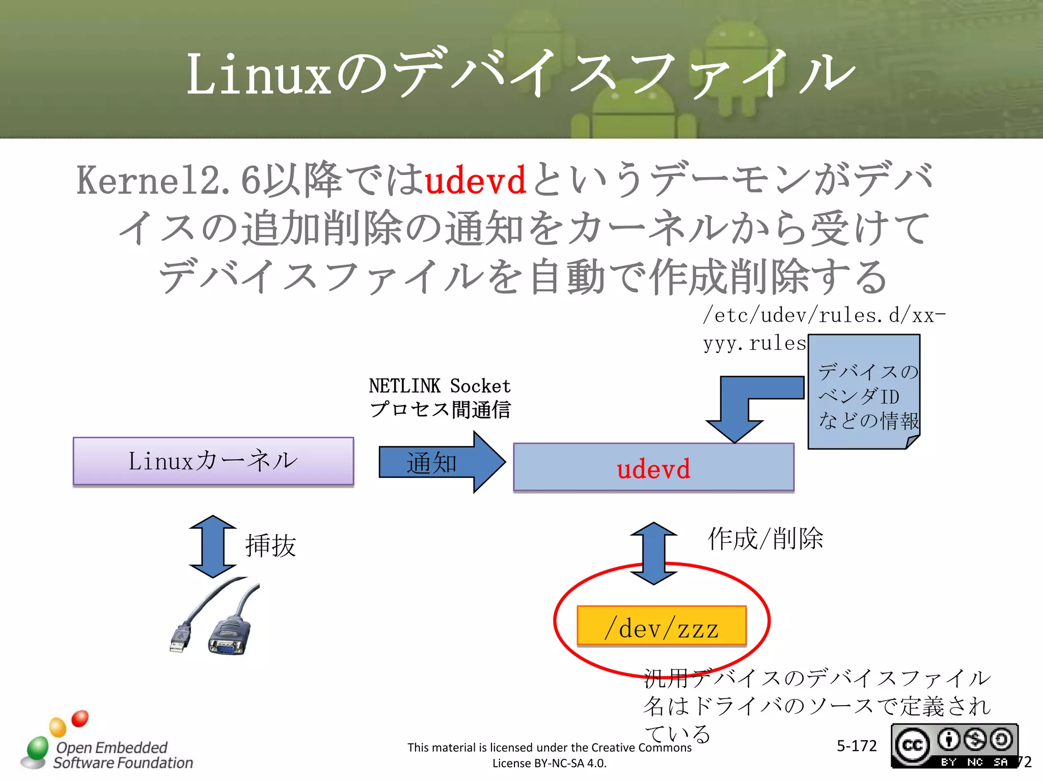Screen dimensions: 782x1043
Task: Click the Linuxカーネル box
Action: pyautogui.click(x=213, y=461)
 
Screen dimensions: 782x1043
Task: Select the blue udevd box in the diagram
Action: pyautogui.click(x=653, y=467)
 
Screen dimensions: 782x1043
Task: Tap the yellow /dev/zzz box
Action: pyautogui.click(x=661, y=626)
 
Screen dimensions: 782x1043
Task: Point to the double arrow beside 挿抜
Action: pyautogui.click(x=212, y=546)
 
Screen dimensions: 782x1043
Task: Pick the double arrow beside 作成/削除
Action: pyautogui.click(x=653, y=553)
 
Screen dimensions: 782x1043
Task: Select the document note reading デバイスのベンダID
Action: pyautogui.click(x=864, y=392)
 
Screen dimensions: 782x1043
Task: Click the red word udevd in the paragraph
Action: pyautogui.click(x=475, y=181)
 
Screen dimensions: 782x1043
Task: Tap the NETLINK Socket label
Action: pyautogui.click(x=440, y=386)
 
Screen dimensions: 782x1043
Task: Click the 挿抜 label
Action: pyautogui.click(x=270, y=546)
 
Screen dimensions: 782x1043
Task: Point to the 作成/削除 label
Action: pyautogui.click(x=765, y=539)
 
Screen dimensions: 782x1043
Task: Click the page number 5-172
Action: pyautogui.click(x=856, y=746)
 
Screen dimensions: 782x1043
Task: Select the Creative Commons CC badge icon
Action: pyautogui.click(x=912, y=746)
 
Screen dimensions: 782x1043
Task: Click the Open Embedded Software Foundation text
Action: pyautogui.click(x=122, y=755)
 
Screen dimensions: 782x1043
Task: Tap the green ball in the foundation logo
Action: pyautogui.click(x=37, y=748)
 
